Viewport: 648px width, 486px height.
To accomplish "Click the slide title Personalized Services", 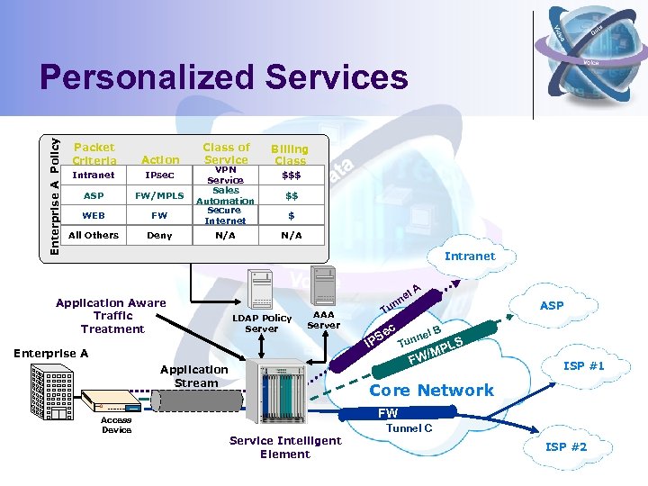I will pos(223,79).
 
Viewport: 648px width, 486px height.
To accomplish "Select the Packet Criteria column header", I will pos(94,153).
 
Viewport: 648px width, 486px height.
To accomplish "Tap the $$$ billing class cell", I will pos(291,175).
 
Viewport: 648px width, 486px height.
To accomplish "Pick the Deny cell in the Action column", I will pos(159,235).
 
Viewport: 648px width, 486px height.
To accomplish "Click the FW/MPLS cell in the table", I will pos(159,195).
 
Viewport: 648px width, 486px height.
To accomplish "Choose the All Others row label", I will pos(94,235).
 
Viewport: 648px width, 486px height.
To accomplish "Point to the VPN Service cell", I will pos(225,175).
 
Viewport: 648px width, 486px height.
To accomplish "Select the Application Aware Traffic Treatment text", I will pos(111,316).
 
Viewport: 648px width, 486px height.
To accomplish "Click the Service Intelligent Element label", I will pos(285,446).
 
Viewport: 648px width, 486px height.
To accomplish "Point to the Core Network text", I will pos(431,390).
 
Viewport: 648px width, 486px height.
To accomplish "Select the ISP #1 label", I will pos(584,365).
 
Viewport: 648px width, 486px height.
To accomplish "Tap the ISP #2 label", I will pos(566,446).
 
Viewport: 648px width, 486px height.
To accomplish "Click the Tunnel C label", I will pos(409,428).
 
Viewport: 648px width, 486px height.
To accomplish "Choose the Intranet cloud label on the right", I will pos(470,256).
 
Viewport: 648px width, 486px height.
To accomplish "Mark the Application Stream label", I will pos(194,376).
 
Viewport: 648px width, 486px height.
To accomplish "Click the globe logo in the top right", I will pos(589,45).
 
